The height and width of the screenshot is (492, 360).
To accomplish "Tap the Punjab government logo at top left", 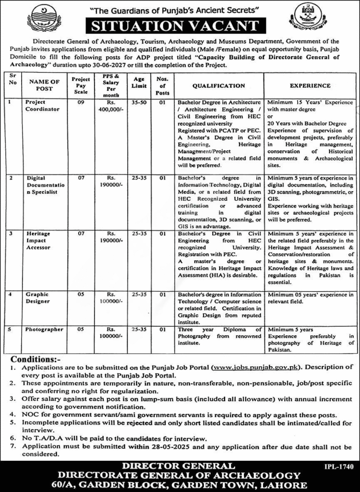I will tap(45, 17).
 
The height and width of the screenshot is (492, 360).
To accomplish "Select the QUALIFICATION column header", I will tap(218, 86).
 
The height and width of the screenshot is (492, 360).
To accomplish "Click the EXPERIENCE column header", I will tap(310, 86).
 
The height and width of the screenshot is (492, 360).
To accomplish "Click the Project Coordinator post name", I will tap(43, 106).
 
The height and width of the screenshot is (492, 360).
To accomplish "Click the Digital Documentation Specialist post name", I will tap(44, 184).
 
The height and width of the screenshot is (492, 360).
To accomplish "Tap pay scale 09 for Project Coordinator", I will tap(81, 103).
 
